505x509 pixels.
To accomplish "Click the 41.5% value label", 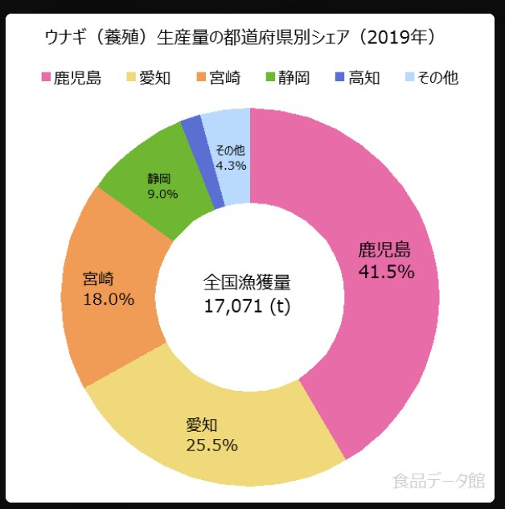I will (x=386, y=272).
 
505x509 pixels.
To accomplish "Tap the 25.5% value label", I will (x=211, y=445).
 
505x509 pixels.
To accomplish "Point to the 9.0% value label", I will (x=162, y=194).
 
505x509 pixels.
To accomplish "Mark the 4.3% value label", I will (x=231, y=165).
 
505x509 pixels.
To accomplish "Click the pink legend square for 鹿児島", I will (x=46, y=79).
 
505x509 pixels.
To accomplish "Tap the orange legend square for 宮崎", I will (x=201, y=79).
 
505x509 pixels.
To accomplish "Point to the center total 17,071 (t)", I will (x=247, y=305).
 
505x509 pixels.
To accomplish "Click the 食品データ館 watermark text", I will (x=438, y=481).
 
